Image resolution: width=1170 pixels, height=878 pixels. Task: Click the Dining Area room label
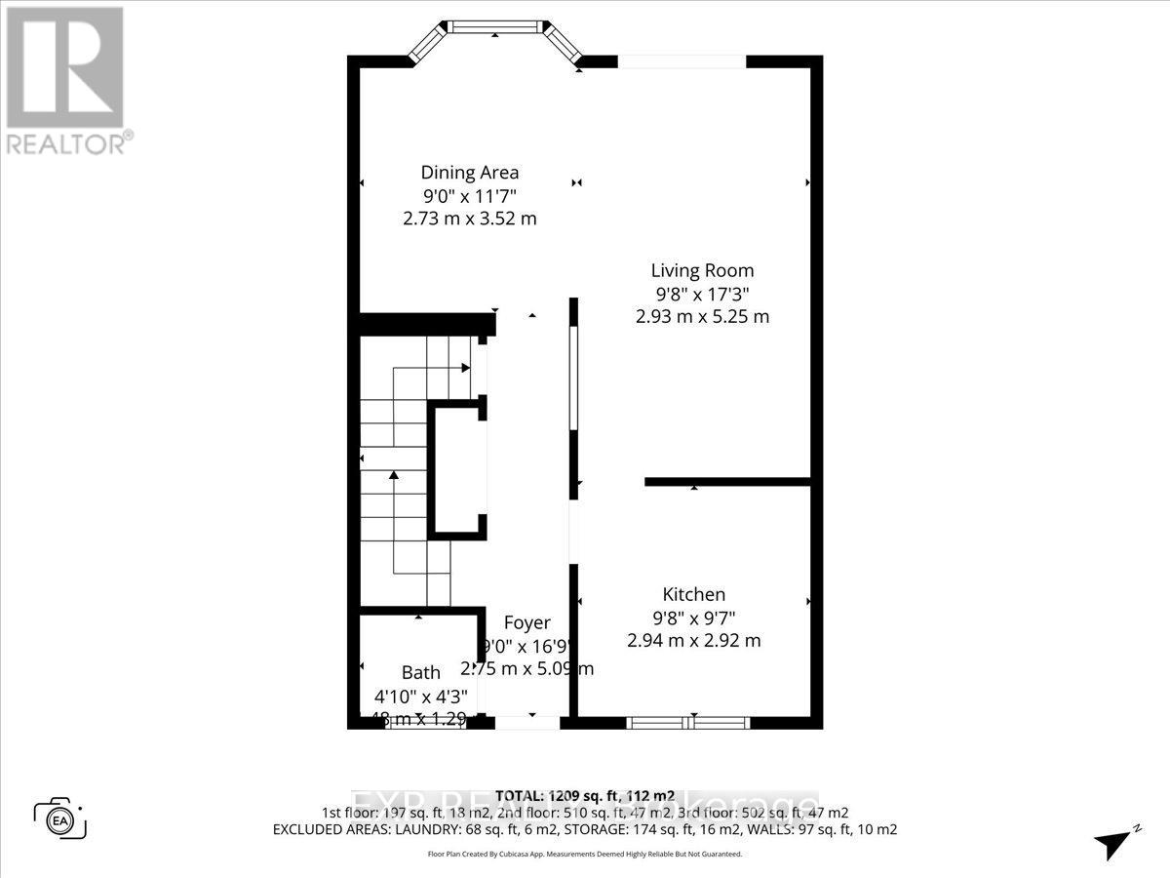tap(469, 173)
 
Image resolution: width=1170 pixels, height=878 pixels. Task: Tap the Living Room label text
tap(702, 270)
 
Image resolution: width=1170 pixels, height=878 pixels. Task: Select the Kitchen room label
tap(693, 594)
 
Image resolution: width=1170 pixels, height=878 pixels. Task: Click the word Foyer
tap(526, 622)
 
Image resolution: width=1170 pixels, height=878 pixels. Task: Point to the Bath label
tap(421, 672)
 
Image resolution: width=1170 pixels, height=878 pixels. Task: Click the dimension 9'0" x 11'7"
tap(469, 196)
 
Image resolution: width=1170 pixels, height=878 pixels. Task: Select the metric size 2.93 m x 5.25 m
tap(702, 317)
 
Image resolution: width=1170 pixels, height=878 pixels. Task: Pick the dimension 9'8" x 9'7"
tap(693, 618)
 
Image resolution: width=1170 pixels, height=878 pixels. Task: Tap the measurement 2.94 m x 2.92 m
tap(693, 641)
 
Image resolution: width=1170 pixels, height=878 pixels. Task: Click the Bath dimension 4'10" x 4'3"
tap(421, 697)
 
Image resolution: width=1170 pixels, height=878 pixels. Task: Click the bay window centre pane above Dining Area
tap(495, 26)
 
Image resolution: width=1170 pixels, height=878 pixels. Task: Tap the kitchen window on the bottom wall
tap(687, 723)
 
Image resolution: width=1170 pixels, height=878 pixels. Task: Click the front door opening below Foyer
tap(527, 723)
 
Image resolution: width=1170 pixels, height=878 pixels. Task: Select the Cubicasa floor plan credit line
tap(585, 854)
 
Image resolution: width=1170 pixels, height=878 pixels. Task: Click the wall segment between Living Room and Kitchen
tap(728, 481)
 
